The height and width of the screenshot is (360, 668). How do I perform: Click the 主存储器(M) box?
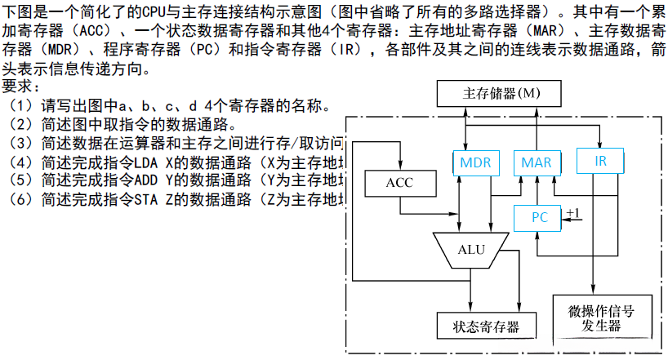point(501,93)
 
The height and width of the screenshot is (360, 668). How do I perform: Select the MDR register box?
point(474,162)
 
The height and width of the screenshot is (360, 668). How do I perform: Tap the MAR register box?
point(536,162)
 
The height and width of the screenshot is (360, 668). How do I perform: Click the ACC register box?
point(399,182)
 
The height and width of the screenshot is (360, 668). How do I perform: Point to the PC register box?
point(539,217)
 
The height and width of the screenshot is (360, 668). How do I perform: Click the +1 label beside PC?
point(573,213)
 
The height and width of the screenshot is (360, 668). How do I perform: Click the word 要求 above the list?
point(21,87)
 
